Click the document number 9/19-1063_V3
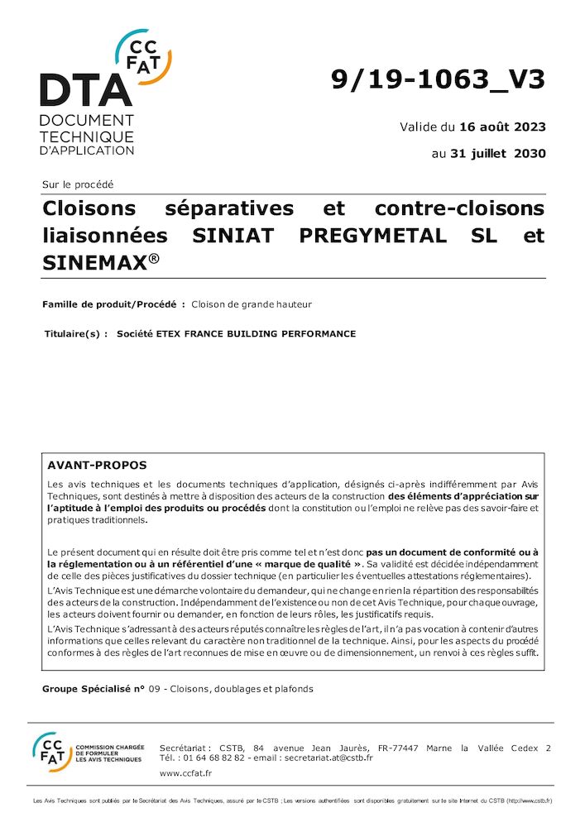tap(438, 79)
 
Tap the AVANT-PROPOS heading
tap(97, 466)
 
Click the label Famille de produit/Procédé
tap(113, 304)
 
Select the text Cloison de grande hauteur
tap(252, 304)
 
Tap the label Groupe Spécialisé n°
tap(93, 688)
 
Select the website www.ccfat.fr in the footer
tap(185, 773)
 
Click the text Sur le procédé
tap(78, 184)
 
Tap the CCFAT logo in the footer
tap(51, 751)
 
